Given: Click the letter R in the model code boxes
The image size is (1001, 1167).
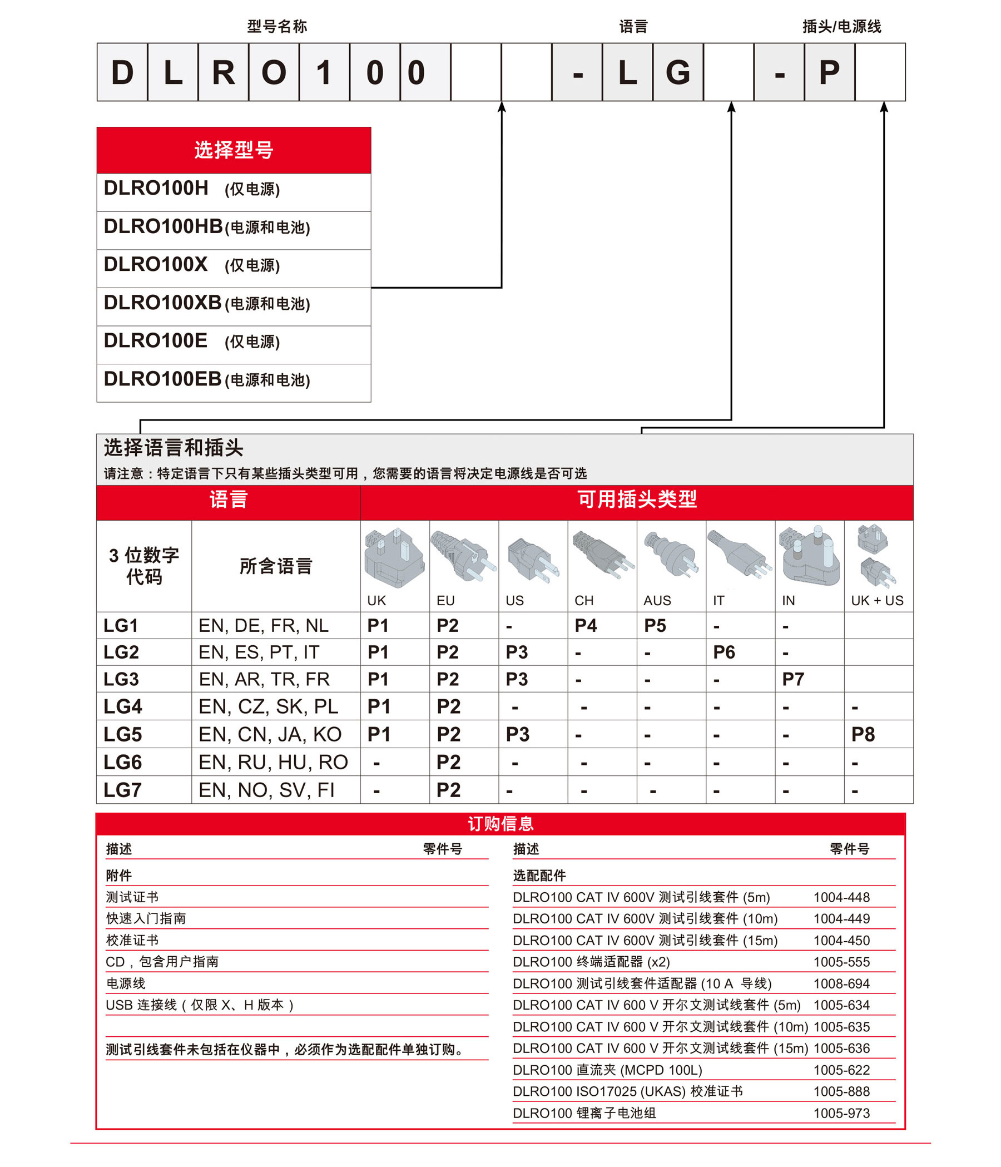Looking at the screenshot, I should tap(223, 73).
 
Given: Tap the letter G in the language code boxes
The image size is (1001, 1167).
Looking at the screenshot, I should tap(677, 73).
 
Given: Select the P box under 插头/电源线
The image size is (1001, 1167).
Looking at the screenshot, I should tap(829, 73).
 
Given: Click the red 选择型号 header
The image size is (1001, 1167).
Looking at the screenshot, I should tap(234, 150).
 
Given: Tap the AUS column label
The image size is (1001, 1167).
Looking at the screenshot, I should tap(656, 600).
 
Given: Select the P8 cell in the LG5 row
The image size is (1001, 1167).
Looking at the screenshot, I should tap(863, 734).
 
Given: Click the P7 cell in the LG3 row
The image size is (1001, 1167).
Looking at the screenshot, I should tap(792, 679).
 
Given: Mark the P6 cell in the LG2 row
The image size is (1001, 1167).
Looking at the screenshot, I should tap(724, 652).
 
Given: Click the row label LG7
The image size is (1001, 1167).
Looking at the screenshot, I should tap(122, 790).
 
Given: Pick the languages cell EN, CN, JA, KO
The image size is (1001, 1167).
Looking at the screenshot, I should tap(270, 734).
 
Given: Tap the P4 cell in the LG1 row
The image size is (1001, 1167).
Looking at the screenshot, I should tap(586, 626).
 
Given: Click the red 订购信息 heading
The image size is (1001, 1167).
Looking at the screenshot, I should tap(500, 824).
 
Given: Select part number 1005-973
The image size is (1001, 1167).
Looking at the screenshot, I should tap(841, 1113).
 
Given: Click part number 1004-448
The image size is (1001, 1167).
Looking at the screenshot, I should tap(841, 897).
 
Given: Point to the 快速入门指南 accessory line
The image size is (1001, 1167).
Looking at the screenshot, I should tap(146, 918).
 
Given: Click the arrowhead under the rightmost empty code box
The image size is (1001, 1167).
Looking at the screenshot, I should tap(884, 106).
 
